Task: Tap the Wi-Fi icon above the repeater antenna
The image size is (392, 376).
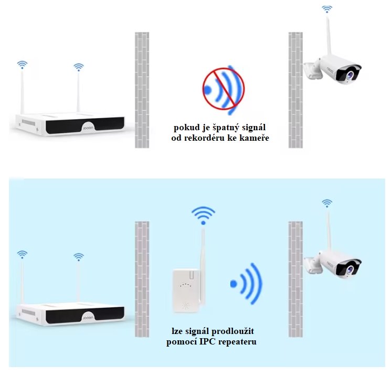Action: click(203, 215)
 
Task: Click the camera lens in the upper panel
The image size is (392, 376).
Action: click(349, 75)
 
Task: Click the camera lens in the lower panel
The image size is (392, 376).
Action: click(349, 269)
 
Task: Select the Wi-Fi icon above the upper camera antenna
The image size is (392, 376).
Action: click(327, 9)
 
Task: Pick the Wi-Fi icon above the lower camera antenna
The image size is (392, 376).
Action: click(327, 203)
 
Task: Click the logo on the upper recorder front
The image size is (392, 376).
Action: click(88, 128)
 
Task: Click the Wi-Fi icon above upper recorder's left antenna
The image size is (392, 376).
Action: click(22, 65)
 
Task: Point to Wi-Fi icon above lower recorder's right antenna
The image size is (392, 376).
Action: click(79, 257)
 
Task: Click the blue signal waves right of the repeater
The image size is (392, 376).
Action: click(246, 284)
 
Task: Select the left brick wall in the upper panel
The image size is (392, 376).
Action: click(142, 90)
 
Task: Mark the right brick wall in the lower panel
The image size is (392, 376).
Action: click(295, 279)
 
